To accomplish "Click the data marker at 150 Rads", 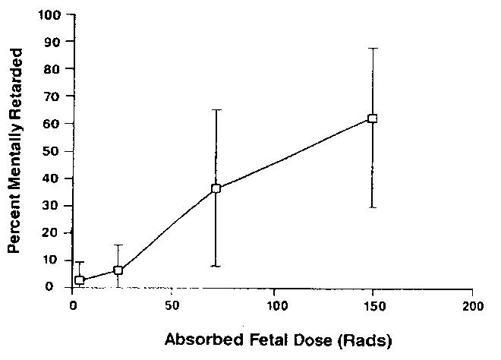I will [372, 118].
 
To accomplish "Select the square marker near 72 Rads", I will [216, 188].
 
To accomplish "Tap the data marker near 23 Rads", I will [118, 270].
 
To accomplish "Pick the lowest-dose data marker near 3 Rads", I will [80, 280].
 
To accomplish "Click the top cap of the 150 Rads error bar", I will [372, 49].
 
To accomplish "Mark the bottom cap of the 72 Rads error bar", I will [216, 266].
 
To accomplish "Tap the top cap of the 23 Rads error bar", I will [118, 245].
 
